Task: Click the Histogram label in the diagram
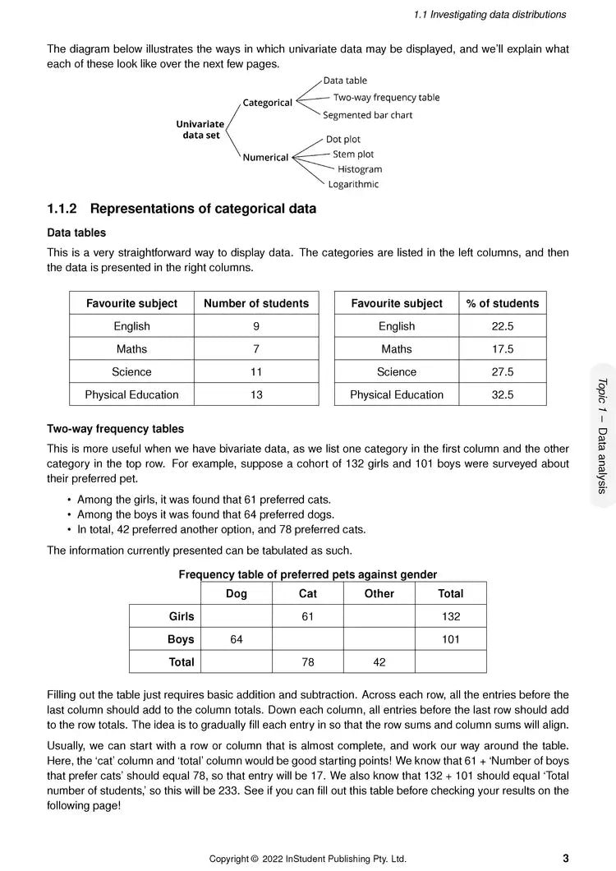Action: (x=360, y=169)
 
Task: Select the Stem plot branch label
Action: (x=353, y=154)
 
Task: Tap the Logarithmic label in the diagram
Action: (x=353, y=185)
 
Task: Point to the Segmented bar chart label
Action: (x=368, y=116)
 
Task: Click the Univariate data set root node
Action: (x=200, y=130)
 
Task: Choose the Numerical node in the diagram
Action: (x=265, y=158)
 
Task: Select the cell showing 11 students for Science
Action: (x=256, y=372)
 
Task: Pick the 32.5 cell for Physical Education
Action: (x=503, y=395)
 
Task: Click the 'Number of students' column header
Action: (x=256, y=304)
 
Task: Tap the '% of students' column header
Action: (x=503, y=304)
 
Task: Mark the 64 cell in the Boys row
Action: (x=237, y=639)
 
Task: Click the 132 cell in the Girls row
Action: (x=450, y=617)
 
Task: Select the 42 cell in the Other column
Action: (x=379, y=662)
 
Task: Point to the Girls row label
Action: (x=182, y=617)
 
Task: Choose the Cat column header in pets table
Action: (x=308, y=594)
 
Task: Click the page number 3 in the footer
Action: (x=566, y=859)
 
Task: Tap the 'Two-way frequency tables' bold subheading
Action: (x=115, y=429)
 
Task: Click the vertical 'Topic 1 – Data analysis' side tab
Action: (x=602, y=435)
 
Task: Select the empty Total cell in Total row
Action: (x=450, y=662)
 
